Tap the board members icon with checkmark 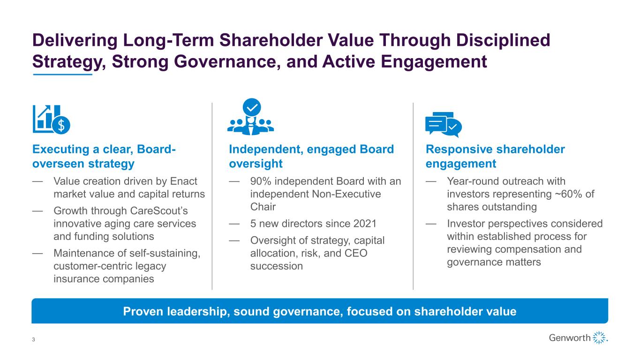(250, 117)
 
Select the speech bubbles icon (444, 125)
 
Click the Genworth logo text (570, 337)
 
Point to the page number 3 (33, 339)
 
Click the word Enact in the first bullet (183, 181)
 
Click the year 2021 (365, 224)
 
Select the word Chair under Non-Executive (263, 207)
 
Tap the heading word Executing (61, 150)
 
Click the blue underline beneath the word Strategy (62, 75)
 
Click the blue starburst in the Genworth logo (600, 337)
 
